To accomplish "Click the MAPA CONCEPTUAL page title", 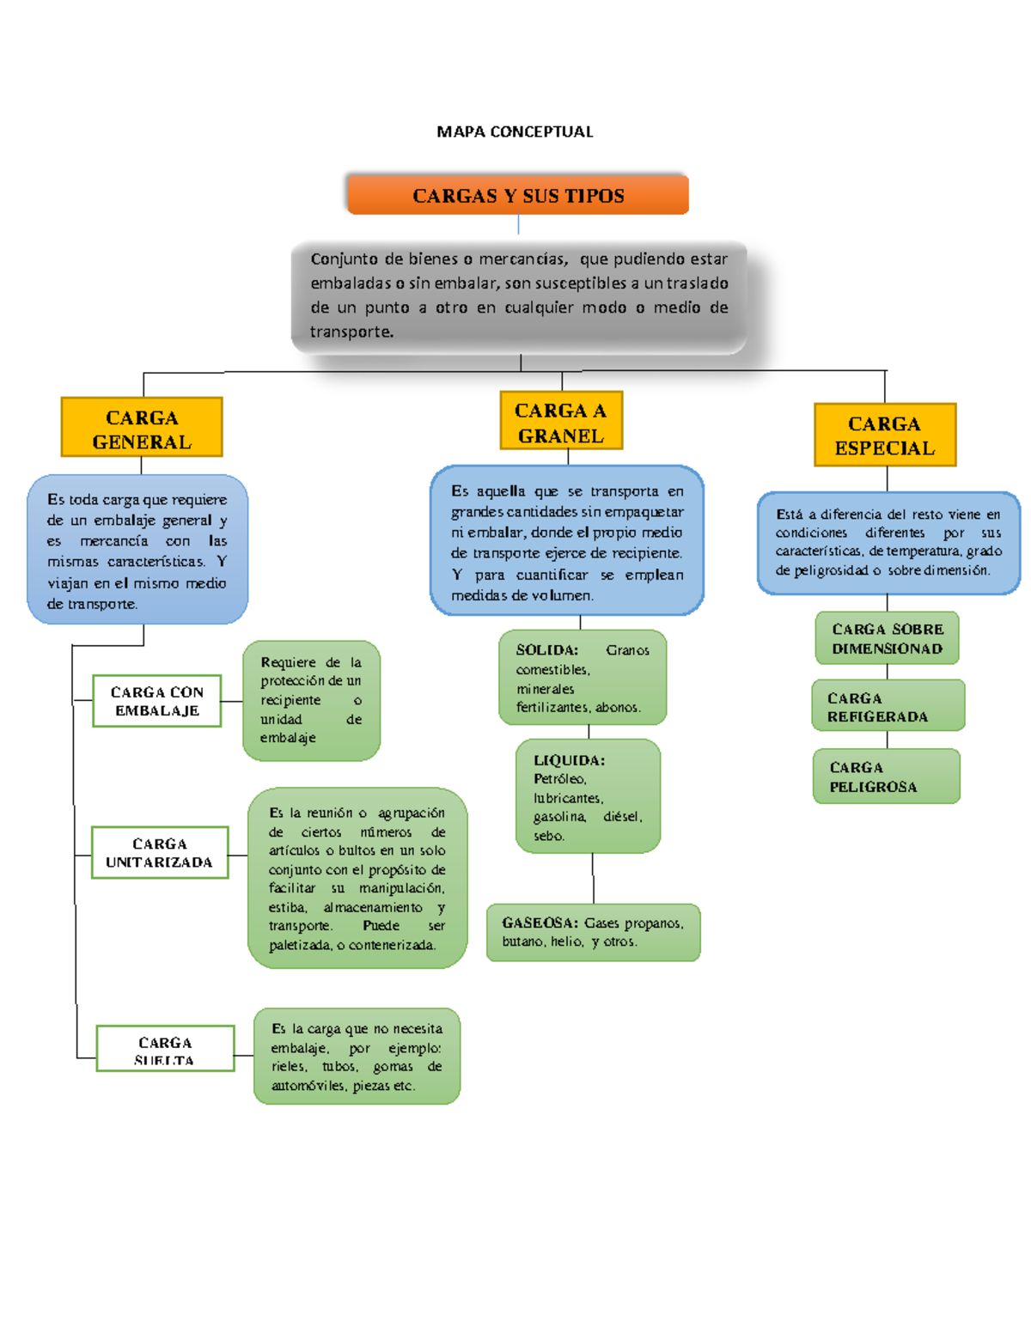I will coord(515,131).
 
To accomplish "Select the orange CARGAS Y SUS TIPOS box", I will coord(518,195).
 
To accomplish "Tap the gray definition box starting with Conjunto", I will coord(519,295).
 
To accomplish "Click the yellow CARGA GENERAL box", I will coord(142,428).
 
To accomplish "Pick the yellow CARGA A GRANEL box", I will coord(561,421).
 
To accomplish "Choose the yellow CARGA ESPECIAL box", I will coord(885,435).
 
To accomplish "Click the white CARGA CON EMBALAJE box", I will coord(157,701).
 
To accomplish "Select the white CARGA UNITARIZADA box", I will coord(160,852).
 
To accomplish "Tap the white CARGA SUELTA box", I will coord(165,1048).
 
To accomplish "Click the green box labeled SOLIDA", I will coord(583,678).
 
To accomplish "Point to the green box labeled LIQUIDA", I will coord(588,796).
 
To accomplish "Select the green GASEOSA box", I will coord(593,932).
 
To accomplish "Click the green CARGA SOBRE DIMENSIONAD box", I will coord(887,638).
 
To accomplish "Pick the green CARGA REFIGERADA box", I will coord(888,706).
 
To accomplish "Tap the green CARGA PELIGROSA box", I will coord(886,777).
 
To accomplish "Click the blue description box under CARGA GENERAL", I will coord(137,550).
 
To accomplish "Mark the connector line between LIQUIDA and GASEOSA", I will coord(593,878).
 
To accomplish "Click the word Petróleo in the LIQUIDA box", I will coord(559,779).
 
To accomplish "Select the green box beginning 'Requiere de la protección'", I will coord(311,700).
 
